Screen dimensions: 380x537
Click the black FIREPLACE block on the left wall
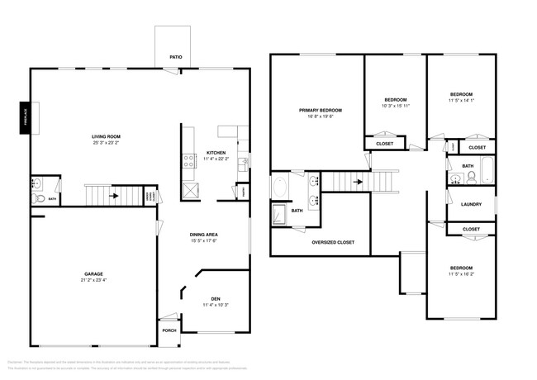(x=25, y=117)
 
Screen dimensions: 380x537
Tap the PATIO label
(x=175, y=59)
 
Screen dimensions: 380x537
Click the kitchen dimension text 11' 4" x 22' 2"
(x=216, y=159)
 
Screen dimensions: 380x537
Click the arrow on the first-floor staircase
(x=112, y=196)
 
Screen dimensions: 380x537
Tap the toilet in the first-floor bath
(x=37, y=198)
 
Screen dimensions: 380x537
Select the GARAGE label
(x=93, y=273)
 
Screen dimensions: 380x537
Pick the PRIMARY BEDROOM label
(x=320, y=110)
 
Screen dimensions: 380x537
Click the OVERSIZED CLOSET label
(x=333, y=242)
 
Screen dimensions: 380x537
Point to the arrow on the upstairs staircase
(x=359, y=181)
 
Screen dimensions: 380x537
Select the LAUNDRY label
(x=471, y=206)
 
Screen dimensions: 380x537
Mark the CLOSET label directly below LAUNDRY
(x=471, y=228)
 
